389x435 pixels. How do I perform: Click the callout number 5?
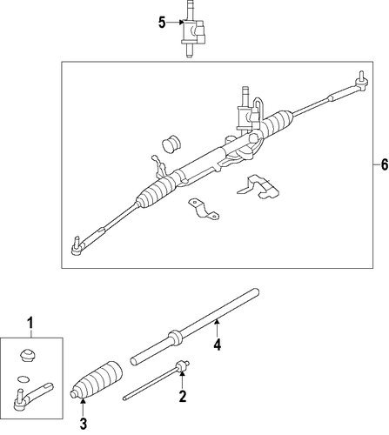point(162,23)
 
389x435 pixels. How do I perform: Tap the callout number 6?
point(384,164)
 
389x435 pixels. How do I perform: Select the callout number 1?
point(30,323)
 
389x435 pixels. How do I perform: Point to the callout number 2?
point(183,396)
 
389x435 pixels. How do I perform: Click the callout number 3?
point(84,425)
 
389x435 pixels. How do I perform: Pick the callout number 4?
point(218,345)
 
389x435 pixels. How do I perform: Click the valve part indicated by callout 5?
point(193,29)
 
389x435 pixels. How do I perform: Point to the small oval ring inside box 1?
point(23,379)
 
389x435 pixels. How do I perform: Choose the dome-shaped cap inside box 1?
point(27,355)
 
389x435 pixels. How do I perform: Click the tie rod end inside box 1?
point(32,396)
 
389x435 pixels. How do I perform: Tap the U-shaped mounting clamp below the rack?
point(204,209)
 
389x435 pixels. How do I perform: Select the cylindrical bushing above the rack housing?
point(171,144)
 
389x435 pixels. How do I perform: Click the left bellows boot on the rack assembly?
point(156,192)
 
